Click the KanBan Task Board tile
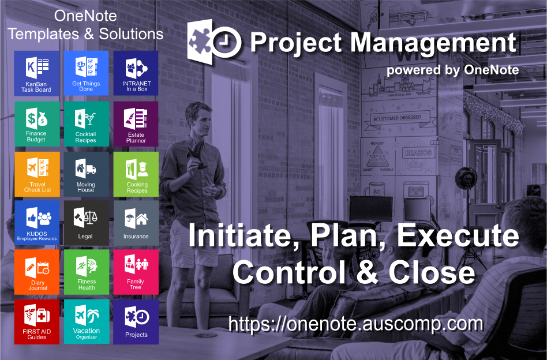[x=38, y=73]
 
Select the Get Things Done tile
[x=86, y=73]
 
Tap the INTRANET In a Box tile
[x=136, y=73]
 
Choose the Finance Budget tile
[x=36, y=123]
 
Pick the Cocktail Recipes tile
[x=86, y=123]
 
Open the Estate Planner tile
[x=136, y=123]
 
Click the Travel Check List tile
[x=38, y=174]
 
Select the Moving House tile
[x=86, y=174]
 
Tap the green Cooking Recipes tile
[x=136, y=174]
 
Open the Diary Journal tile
[x=38, y=271]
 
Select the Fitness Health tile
[x=86, y=271]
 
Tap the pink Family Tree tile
[x=136, y=271]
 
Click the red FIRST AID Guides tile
[x=38, y=321]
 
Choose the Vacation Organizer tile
[x=86, y=321]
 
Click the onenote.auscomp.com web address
[x=355, y=324]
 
